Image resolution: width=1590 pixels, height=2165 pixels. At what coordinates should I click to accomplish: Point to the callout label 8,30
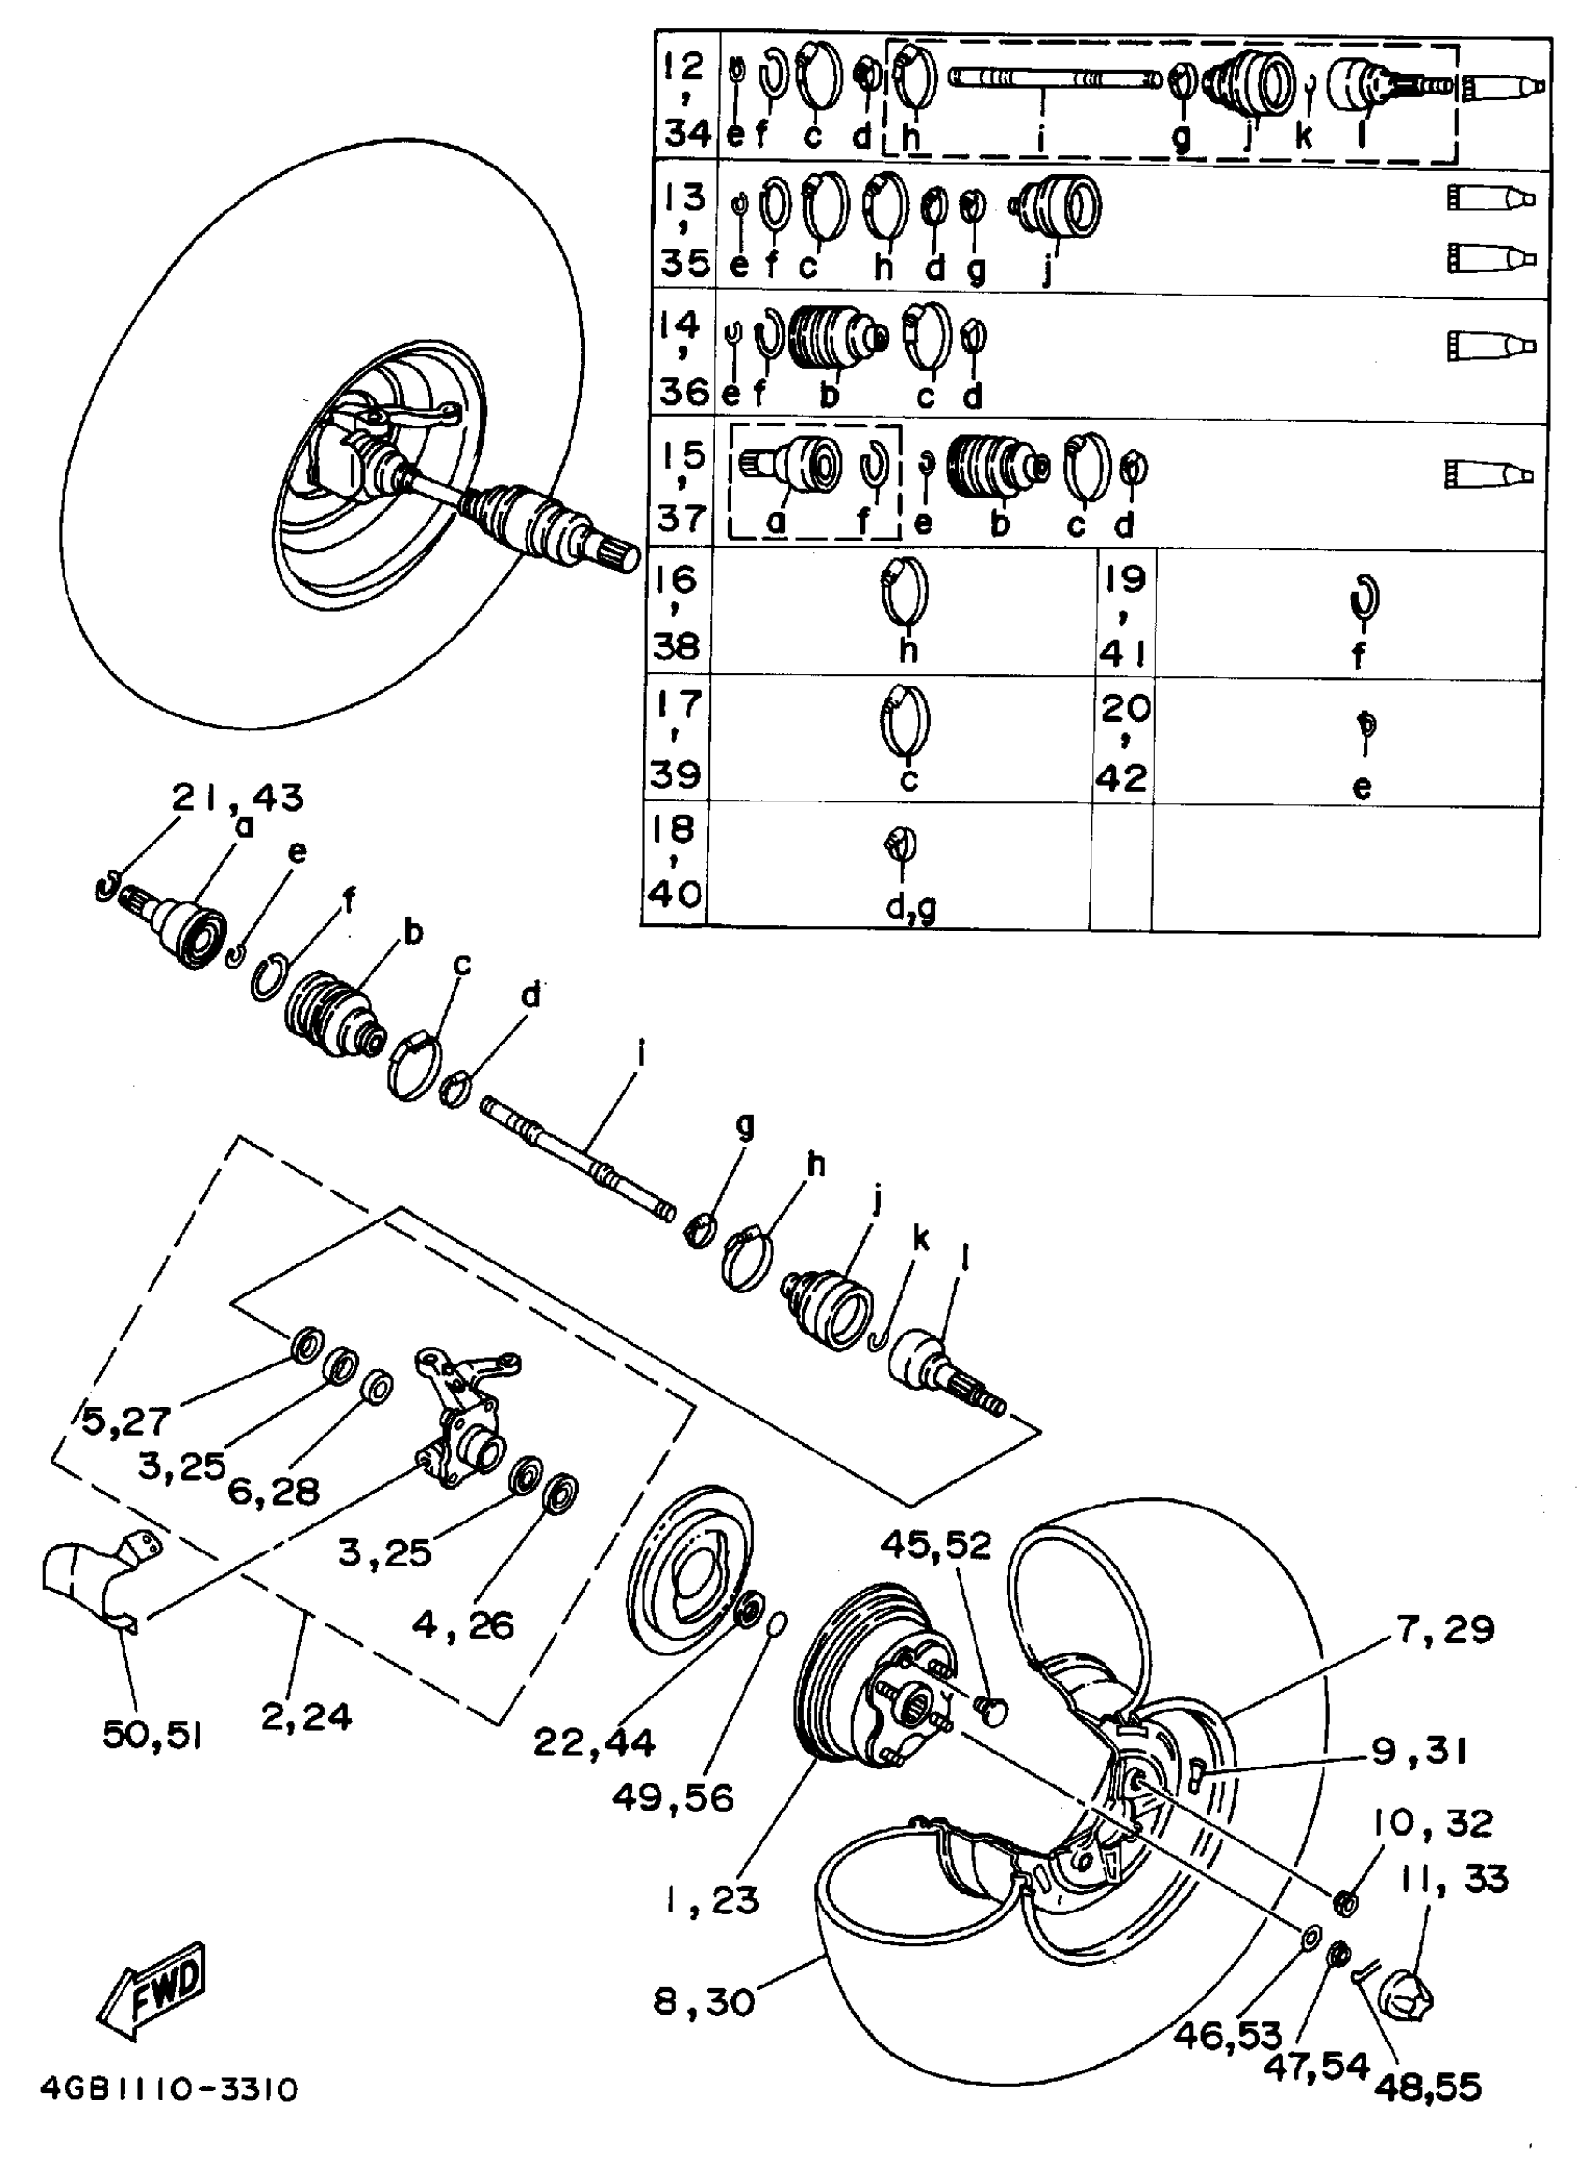pos(703,2002)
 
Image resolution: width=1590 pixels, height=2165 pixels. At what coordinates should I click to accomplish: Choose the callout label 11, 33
pos(1453,1878)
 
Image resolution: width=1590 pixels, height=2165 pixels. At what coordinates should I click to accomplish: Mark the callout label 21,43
pos(238,798)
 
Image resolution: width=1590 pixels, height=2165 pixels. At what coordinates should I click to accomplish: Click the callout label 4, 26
pos(463,1624)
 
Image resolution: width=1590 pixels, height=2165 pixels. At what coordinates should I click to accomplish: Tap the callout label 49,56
pos(672,1797)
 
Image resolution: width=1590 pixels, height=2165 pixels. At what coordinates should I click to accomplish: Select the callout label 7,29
pos(1446,1630)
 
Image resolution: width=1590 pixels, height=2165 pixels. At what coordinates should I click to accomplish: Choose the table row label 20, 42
pos(1123,742)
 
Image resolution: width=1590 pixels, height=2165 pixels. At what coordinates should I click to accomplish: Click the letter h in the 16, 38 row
pos(906,651)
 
